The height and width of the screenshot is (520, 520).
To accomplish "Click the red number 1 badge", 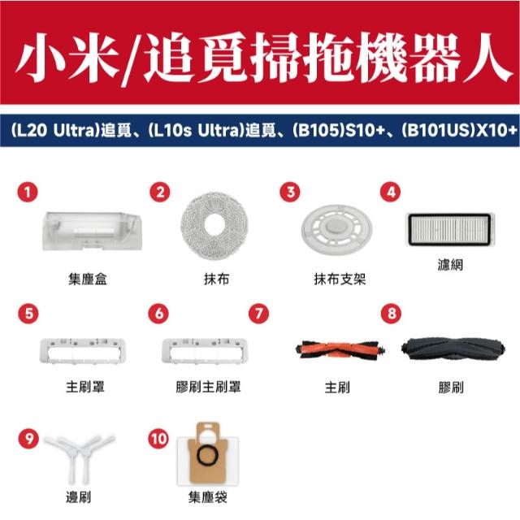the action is (x=28, y=192).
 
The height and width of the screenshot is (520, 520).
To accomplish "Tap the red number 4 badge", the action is (x=391, y=192).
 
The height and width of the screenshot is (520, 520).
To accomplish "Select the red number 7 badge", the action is (x=258, y=314).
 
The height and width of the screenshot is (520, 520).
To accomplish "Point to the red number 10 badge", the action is (x=158, y=439).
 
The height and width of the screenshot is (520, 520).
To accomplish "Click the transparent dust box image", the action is (x=92, y=231).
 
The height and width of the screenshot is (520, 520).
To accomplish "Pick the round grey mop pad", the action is (x=214, y=226).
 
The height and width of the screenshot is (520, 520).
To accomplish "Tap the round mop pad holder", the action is (x=336, y=229).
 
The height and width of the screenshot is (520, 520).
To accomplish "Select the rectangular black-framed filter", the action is (x=450, y=229).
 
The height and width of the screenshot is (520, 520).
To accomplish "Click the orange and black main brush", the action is (x=340, y=350).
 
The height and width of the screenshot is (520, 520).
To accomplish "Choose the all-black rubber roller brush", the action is (x=453, y=349).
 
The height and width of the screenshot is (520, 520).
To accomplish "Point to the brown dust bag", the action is (x=208, y=453).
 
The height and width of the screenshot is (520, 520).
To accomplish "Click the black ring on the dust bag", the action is (x=208, y=456).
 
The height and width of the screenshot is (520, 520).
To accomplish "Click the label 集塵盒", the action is (x=88, y=279).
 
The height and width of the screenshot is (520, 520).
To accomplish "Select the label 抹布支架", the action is (x=340, y=279).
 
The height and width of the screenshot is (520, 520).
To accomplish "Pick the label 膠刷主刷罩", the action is (x=208, y=387).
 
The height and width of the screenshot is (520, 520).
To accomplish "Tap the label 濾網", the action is (x=450, y=265).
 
